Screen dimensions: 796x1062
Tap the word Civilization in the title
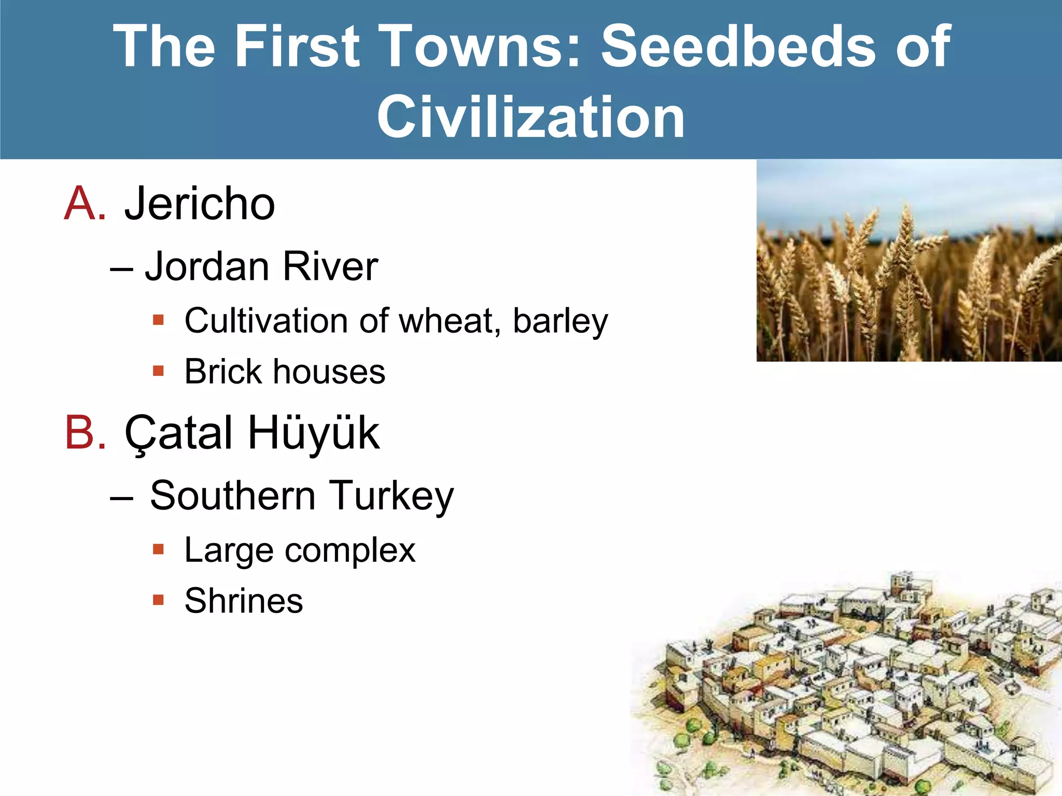coord(530,117)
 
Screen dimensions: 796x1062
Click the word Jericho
coord(200,204)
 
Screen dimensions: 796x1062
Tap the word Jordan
coord(207,267)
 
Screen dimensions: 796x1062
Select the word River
coord(330,267)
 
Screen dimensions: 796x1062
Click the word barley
coord(560,321)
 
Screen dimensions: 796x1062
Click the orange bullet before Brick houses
coord(158,371)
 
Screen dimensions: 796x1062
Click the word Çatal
coord(179,434)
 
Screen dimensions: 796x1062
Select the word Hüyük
coord(314,434)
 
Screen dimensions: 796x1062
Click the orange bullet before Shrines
coord(158,600)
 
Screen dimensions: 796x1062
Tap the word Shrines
coord(244,601)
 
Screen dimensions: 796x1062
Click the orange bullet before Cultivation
coord(158,320)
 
